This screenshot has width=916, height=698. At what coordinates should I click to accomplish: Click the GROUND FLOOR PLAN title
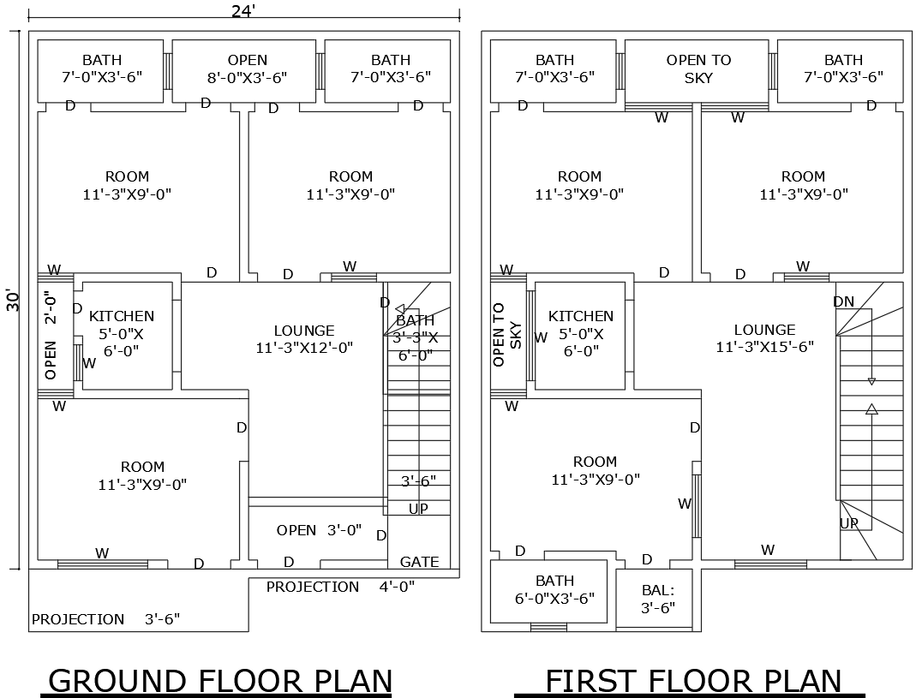click(220, 681)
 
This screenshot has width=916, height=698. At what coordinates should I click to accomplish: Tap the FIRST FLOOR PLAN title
click(693, 681)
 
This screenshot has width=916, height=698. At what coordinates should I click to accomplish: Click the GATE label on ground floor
click(419, 562)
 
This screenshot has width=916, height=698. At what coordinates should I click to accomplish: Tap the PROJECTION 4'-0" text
click(340, 587)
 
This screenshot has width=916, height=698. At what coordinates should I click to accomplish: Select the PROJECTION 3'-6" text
click(105, 619)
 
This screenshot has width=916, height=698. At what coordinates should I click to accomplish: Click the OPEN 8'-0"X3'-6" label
click(247, 69)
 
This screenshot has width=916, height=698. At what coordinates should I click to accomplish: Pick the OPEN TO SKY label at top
click(698, 69)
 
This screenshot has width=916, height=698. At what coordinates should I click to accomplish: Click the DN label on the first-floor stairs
click(843, 301)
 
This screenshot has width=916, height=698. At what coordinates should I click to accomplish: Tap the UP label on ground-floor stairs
click(418, 509)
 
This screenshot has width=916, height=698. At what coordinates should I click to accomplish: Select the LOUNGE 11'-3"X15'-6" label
click(764, 338)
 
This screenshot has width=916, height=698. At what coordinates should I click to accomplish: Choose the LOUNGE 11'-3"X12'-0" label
click(304, 339)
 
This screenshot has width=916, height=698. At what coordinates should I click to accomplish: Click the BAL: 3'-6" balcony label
click(658, 599)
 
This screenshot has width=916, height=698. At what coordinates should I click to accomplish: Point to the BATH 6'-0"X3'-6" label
click(554, 589)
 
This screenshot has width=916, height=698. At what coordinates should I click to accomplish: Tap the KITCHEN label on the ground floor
click(122, 317)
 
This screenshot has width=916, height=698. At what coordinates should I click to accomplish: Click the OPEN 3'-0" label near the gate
click(319, 531)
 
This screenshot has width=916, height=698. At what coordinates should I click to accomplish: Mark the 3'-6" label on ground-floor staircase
click(418, 480)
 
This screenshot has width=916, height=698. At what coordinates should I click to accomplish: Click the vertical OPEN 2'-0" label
click(50, 336)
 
